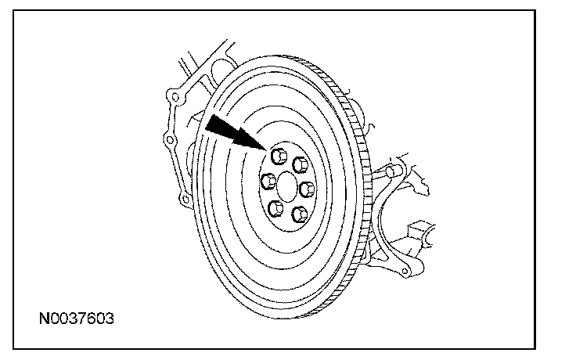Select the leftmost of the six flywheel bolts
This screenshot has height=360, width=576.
coord(268,182)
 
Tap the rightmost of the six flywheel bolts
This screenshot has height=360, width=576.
coord(306,188)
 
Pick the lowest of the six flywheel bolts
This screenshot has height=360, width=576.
coord(298,214)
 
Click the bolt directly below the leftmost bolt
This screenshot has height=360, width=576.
coord(275,208)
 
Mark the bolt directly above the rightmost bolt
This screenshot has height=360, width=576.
coord(297,163)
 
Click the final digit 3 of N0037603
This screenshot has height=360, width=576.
coord(110,319)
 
